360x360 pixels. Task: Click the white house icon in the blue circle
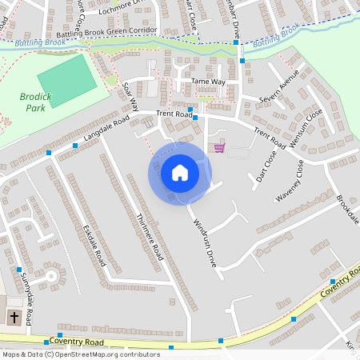180,173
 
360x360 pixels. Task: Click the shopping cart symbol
219,147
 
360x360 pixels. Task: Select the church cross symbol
14,318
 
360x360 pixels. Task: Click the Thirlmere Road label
150,237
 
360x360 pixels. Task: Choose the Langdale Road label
106,130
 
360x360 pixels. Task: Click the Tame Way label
208,82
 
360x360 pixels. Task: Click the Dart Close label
262,165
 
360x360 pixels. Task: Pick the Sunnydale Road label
26,297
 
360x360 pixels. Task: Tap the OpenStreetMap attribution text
81,354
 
